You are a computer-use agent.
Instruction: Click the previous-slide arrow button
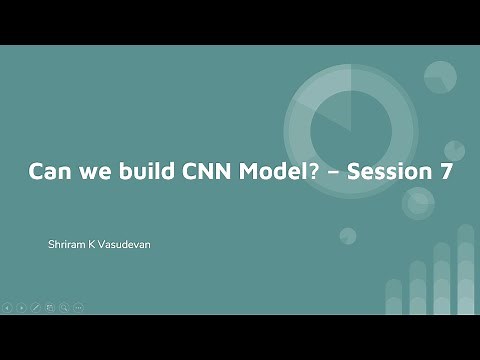click(8, 307)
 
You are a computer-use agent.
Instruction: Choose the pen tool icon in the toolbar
click(36, 307)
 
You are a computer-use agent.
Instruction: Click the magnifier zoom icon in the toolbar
click(64, 307)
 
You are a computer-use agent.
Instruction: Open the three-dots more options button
click(78, 307)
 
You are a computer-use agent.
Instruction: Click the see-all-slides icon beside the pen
click(50, 307)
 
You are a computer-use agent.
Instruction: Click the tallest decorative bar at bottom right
click(466, 270)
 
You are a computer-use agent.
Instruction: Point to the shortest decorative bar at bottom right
click(393, 296)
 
